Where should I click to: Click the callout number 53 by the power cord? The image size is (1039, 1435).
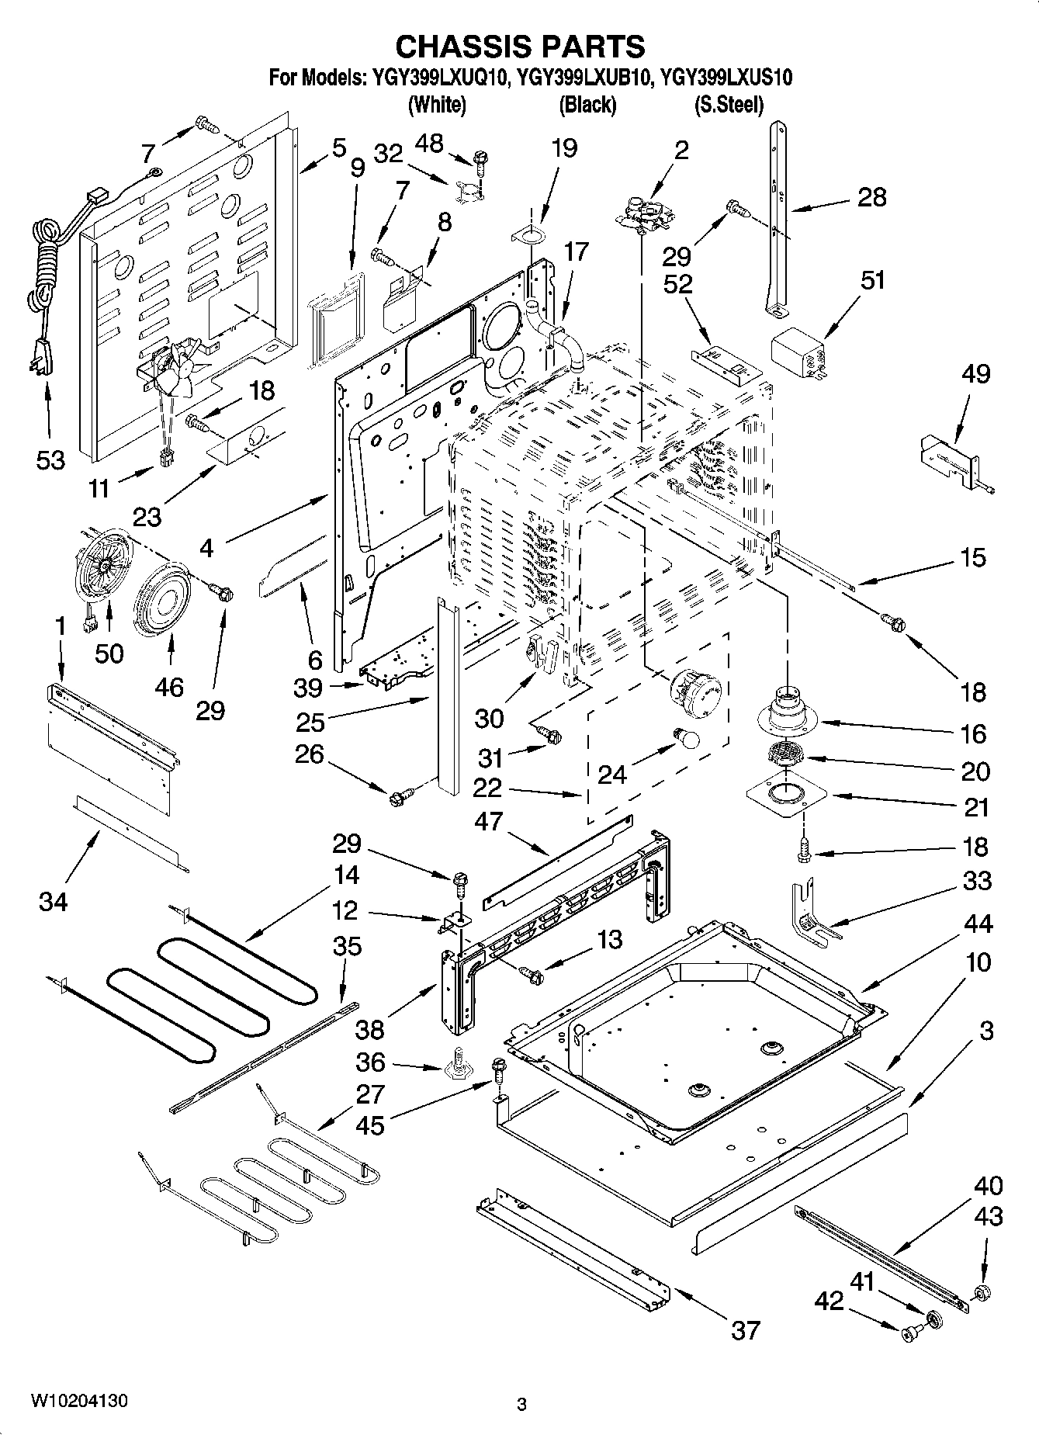[50, 460]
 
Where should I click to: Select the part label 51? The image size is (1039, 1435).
[874, 279]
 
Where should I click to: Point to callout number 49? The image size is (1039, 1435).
[975, 374]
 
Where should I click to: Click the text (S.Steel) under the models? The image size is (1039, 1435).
[729, 104]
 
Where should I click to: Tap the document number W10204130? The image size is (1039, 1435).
[79, 1401]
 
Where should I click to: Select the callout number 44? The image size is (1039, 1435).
[979, 924]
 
